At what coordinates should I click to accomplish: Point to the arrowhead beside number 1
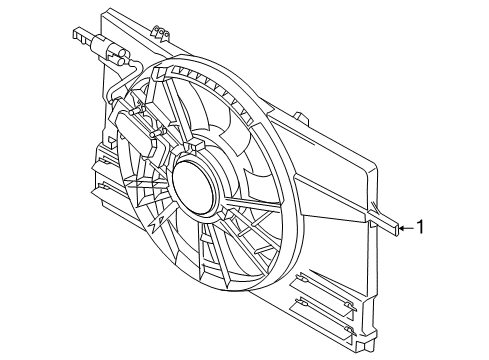pyautogui.click(x=400, y=229)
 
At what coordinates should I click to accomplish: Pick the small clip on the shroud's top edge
pyautogui.click(x=154, y=34)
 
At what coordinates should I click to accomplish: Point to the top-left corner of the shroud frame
pyautogui.click(x=104, y=14)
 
